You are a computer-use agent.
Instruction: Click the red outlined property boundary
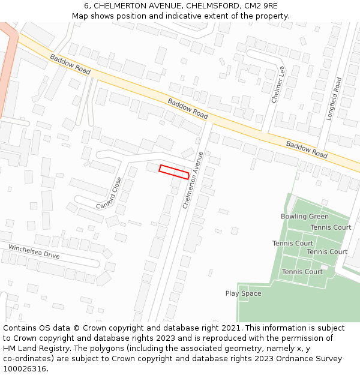(x=174, y=172)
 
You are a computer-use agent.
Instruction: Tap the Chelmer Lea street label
(x=278, y=84)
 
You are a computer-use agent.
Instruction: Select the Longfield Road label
(x=334, y=98)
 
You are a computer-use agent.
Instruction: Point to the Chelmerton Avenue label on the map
(x=193, y=180)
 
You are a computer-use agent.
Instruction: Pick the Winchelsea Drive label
(x=34, y=251)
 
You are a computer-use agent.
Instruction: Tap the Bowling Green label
(x=305, y=217)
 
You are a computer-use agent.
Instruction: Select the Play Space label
(x=243, y=293)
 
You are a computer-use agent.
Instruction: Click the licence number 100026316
(x=24, y=368)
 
